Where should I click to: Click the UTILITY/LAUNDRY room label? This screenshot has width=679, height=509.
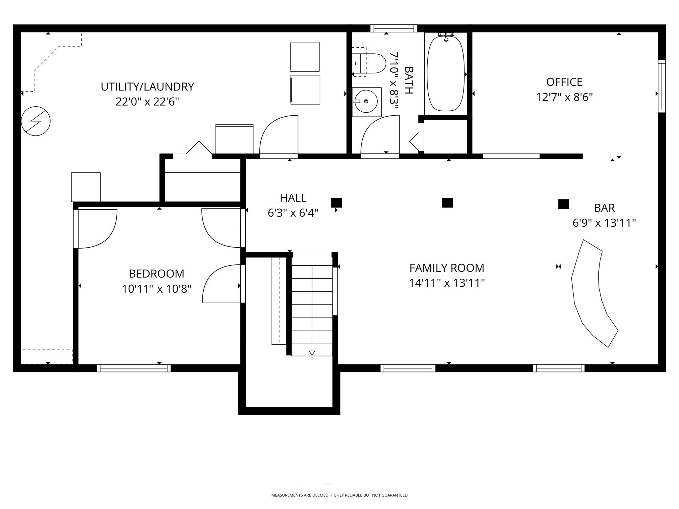pyautogui.click(x=147, y=87)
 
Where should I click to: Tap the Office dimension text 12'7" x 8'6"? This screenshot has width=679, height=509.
pyautogui.click(x=564, y=97)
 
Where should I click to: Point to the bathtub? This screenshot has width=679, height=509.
pyautogui.click(x=446, y=74)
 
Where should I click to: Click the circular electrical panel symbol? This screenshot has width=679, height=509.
pyautogui.click(x=36, y=121)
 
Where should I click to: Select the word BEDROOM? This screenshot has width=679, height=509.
pyautogui.click(x=156, y=274)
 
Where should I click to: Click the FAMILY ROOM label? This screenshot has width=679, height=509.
pyautogui.click(x=447, y=268)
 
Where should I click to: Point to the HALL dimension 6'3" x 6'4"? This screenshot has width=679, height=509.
pyautogui.click(x=293, y=213)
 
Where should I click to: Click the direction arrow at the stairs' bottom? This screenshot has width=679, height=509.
pyautogui.click(x=312, y=353)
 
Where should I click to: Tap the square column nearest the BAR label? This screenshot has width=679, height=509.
pyautogui.click(x=563, y=204)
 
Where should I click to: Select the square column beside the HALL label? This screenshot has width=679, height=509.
pyautogui.click(x=337, y=202)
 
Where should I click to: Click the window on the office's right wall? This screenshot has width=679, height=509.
pyautogui.click(x=661, y=86)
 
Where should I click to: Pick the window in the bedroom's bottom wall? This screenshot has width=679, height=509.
pyautogui.click(x=134, y=368)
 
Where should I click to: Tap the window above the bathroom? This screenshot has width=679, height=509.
pyautogui.click(x=394, y=28)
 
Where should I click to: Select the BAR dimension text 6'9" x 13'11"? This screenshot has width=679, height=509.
pyautogui.click(x=604, y=223)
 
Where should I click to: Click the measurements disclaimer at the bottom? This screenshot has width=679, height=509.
pyautogui.click(x=339, y=495)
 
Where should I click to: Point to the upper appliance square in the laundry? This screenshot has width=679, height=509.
pyautogui.click(x=304, y=57)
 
